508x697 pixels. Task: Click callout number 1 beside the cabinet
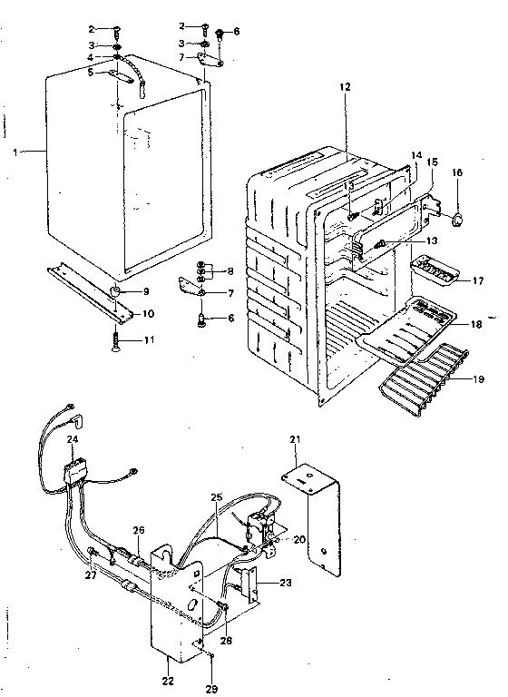click(x=15, y=152)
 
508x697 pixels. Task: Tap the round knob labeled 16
click(x=459, y=218)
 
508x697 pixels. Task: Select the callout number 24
click(x=72, y=439)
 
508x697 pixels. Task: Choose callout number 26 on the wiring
click(x=139, y=530)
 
